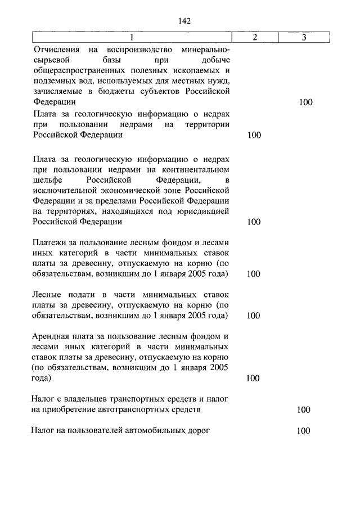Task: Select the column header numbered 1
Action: (132, 38)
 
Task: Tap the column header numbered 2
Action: (254, 38)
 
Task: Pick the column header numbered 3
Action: (304, 38)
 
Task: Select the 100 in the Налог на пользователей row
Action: (304, 431)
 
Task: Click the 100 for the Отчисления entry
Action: (306, 102)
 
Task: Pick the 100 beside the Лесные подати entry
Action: (254, 316)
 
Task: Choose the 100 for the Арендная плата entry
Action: (254, 378)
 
